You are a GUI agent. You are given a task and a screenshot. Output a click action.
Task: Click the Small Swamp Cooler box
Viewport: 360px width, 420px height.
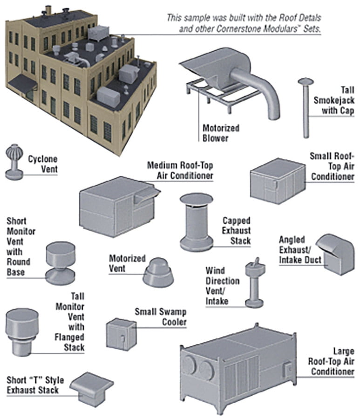(x=121, y=333)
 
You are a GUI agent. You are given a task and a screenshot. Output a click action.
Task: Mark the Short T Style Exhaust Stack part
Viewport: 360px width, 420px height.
(x=92, y=387)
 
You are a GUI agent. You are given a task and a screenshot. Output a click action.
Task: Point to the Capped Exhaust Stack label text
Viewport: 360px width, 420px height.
(x=236, y=231)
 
